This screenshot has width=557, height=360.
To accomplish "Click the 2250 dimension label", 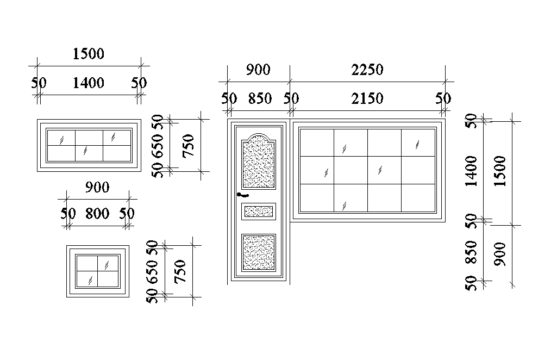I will (367, 70).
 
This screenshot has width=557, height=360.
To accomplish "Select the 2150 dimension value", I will (367, 99).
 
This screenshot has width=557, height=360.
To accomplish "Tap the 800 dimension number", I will (97, 214).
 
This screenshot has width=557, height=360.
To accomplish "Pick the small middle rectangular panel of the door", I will (258, 211).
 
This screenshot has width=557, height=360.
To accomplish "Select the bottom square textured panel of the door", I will (258, 252).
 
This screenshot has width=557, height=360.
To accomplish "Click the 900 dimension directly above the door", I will (258, 70).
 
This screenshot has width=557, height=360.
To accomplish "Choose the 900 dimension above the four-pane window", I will (97, 188).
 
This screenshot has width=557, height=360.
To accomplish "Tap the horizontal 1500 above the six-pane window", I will (88, 54).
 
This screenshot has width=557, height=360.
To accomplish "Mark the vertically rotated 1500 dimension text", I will (500, 171).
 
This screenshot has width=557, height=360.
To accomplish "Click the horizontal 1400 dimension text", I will (88, 83).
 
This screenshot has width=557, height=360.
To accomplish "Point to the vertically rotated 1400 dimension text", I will (471, 171).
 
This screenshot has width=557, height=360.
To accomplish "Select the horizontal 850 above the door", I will (260, 99).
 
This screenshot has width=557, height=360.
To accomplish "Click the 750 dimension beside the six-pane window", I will (189, 146).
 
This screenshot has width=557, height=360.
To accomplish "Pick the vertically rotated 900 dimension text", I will (500, 253).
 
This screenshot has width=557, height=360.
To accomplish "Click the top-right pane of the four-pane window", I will (108, 263).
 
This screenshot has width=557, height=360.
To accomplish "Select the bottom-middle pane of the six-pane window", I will (89, 153).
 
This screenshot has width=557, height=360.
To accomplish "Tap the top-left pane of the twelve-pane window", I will (316, 143).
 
